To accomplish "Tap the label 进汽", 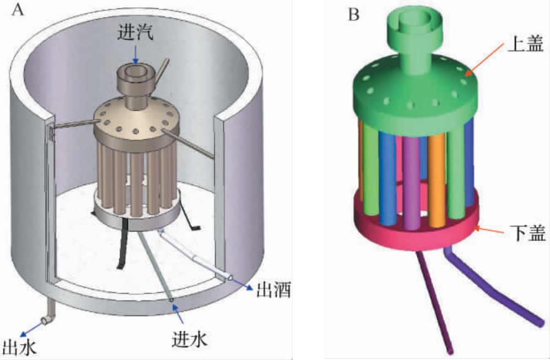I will point(136,34).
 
